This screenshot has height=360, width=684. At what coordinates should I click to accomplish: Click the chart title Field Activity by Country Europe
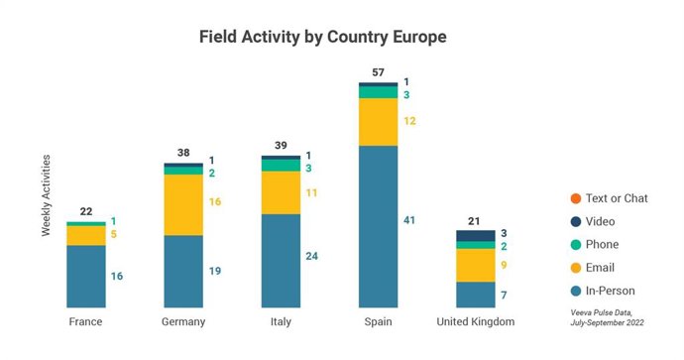(x=323, y=38)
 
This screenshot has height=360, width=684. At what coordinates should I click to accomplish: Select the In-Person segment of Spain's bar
(x=378, y=226)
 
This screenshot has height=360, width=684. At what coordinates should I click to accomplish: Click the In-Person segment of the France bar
(x=85, y=276)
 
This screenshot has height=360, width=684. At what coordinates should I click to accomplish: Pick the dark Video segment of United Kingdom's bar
(x=475, y=235)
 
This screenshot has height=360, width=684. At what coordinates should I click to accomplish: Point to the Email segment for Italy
(x=280, y=192)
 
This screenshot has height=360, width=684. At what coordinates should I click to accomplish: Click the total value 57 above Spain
(x=378, y=72)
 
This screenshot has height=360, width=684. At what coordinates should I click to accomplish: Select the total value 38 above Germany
(x=182, y=153)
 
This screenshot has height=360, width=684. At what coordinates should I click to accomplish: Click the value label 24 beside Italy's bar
(x=311, y=257)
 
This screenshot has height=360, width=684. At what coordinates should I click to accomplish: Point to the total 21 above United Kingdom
(x=475, y=220)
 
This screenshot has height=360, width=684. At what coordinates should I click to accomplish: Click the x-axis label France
(x=85, y=322)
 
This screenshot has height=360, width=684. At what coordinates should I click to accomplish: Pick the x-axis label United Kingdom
(x=475, y=322)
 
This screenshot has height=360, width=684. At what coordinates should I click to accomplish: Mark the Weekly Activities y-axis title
(x=46, y=195)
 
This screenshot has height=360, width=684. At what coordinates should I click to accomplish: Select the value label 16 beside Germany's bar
(x=214, y=201)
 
